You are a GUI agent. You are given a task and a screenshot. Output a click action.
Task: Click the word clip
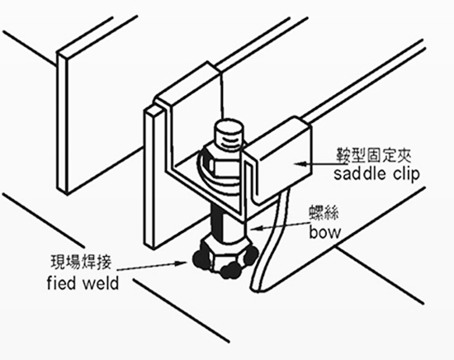click(406, 174)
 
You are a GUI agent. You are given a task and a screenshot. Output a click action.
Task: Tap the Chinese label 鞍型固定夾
click(373, 154)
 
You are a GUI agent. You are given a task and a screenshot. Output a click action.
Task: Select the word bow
click(325, 232)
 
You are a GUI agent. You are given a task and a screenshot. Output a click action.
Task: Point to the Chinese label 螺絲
click(323, 212)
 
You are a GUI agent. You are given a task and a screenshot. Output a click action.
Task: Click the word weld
click(101, 282)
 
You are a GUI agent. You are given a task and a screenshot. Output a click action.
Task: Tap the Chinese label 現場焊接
click(81, 262)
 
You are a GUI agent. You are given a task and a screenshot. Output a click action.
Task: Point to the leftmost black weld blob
click(201, 259)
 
